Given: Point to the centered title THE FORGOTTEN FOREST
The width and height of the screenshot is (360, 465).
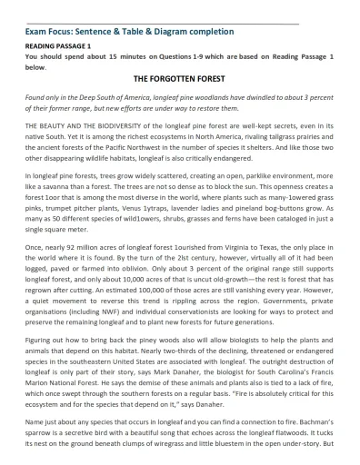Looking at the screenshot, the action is [x=179, y=79].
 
